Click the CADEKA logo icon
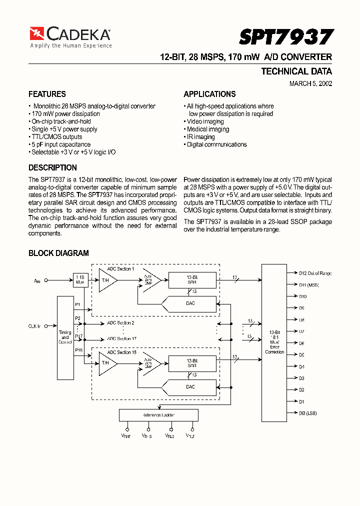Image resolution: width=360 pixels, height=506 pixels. tap(37, 34)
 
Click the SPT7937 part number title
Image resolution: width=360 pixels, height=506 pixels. tap(285, 37)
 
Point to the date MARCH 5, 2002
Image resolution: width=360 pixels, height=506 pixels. tap(310, 83)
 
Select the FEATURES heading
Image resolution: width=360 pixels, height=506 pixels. tap(47, 94)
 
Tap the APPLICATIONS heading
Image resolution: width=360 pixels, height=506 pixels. tap(209, 94)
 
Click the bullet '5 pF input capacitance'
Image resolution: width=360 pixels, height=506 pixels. tap(60, 144)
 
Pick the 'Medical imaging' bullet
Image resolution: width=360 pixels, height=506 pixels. tap(207, 129)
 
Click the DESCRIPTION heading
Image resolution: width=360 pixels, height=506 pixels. tap(52, 167)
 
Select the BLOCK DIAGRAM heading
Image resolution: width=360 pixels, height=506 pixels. tap(58, 253)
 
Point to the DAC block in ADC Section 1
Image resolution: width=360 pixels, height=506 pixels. tap(189, 303)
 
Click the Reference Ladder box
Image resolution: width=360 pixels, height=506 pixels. tap(158, 415)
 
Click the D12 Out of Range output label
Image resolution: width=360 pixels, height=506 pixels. tap(315, 273)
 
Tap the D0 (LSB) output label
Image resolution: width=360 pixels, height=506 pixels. tap(308, 413)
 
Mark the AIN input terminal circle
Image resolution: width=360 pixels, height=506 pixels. tap(46, 281)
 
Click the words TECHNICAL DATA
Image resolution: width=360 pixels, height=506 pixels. tap(296, 71)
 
